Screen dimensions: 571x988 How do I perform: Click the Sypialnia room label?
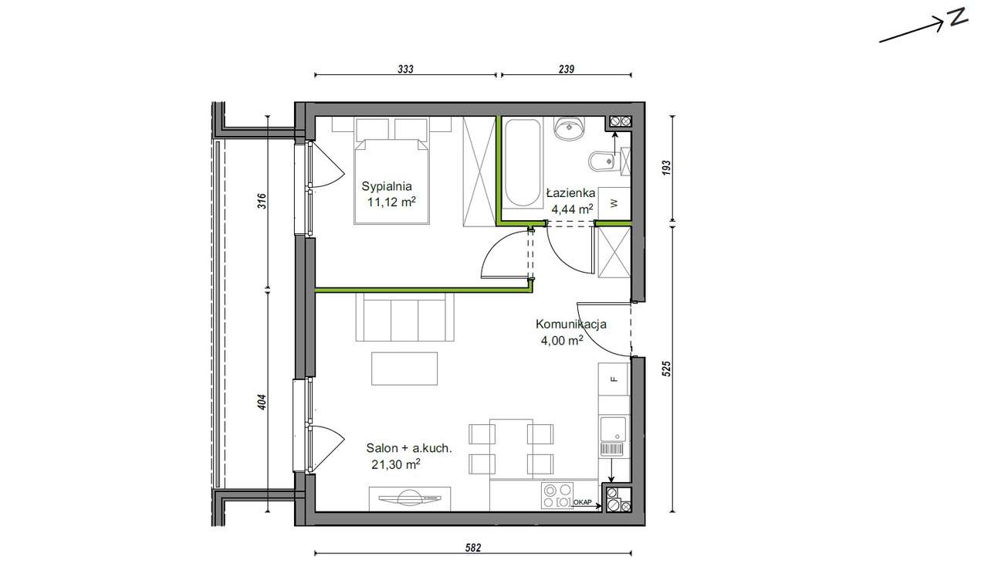(x=387, y=185)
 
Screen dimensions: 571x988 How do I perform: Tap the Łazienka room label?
(x=570, y=192)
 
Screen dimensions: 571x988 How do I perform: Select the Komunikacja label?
(x=570, y=325)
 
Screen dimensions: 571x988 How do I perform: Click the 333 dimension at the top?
(x=406, y=69)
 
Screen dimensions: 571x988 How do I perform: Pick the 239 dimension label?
(x=566, y=69)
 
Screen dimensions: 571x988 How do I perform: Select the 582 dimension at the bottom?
(x=473, y=548)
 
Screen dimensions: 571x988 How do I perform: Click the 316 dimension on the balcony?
(x=262, y=202)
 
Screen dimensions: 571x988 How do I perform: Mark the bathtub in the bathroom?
(x=524, y=163)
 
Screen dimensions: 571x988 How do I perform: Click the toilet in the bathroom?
(x=603, y=161)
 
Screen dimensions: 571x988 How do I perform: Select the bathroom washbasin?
(x=570, y=128)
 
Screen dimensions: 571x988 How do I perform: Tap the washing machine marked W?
(x=614, y=203)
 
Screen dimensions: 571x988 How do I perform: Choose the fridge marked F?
(x=614, y=379)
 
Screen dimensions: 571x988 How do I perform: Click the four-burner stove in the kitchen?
(x=557, y=495)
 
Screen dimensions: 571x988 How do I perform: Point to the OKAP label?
(x=584, y=503)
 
